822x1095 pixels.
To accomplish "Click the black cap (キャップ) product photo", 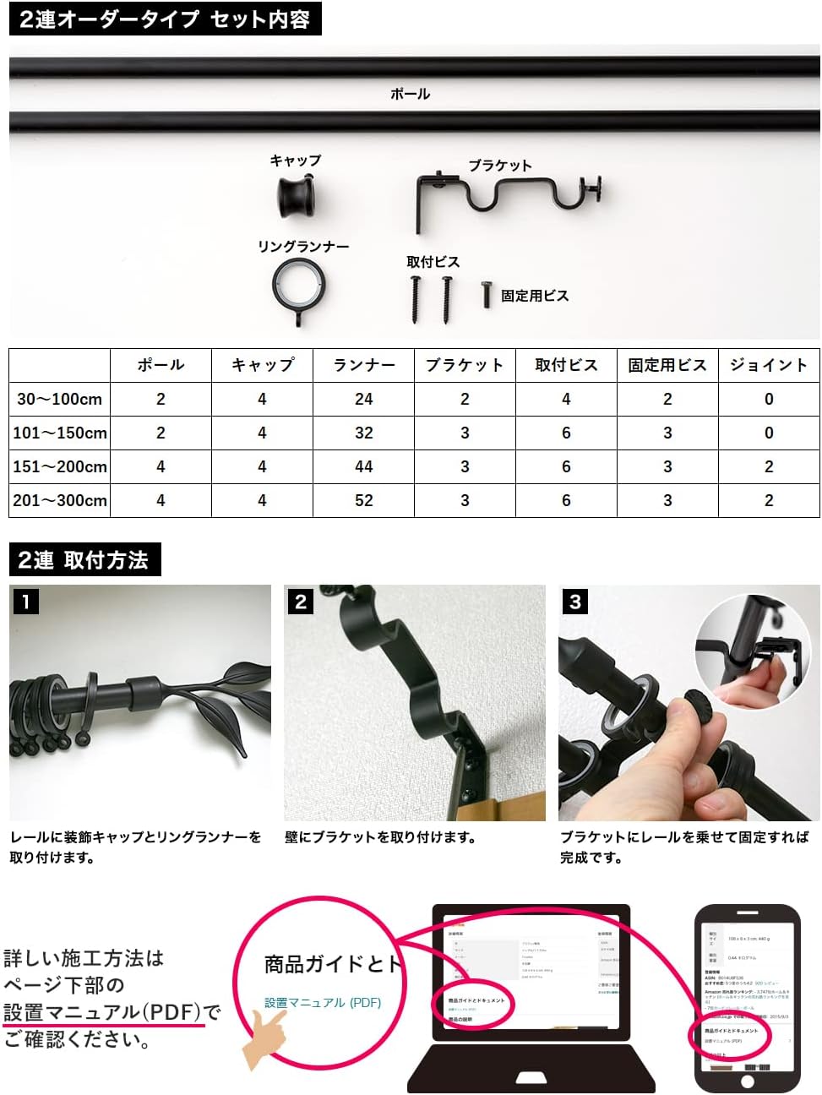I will (297, 195).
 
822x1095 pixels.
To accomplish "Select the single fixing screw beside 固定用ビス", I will (487, 294).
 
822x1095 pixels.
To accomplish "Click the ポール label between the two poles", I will (410, 94).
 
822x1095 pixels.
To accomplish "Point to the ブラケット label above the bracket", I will (500, 166).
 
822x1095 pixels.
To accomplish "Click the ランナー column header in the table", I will (363, 365).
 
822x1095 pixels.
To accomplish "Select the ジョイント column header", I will (768, 365).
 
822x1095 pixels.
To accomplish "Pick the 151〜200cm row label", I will (60, 466).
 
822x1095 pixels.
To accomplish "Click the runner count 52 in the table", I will (363, 500).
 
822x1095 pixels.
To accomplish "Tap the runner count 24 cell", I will (363, 399).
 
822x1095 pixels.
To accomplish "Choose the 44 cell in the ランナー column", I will (363, 466).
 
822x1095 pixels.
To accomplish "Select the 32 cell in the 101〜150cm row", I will (363, 433).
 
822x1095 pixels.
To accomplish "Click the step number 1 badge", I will (26, 602).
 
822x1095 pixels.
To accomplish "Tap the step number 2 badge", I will (301, 602).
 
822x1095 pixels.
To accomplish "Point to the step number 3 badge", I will (575, 602).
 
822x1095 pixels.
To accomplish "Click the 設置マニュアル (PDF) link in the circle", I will (323, 1003).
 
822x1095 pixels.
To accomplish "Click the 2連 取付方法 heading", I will (84, 560).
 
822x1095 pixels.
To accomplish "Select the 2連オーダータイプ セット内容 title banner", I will (165, 19).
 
